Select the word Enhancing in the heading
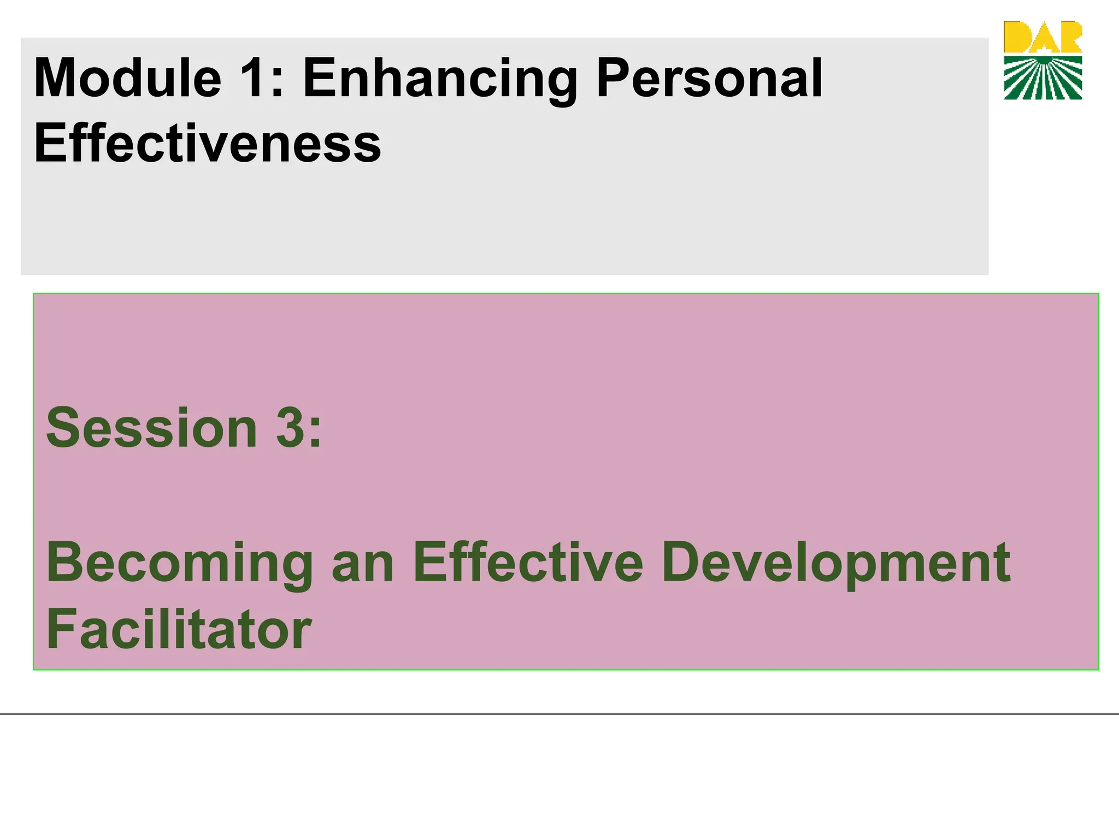440,80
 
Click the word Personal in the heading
709,79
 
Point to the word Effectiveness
208,143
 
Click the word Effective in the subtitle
528,563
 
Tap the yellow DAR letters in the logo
1043,37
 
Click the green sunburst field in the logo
1043,79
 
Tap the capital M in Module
57,79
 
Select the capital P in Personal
614,79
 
